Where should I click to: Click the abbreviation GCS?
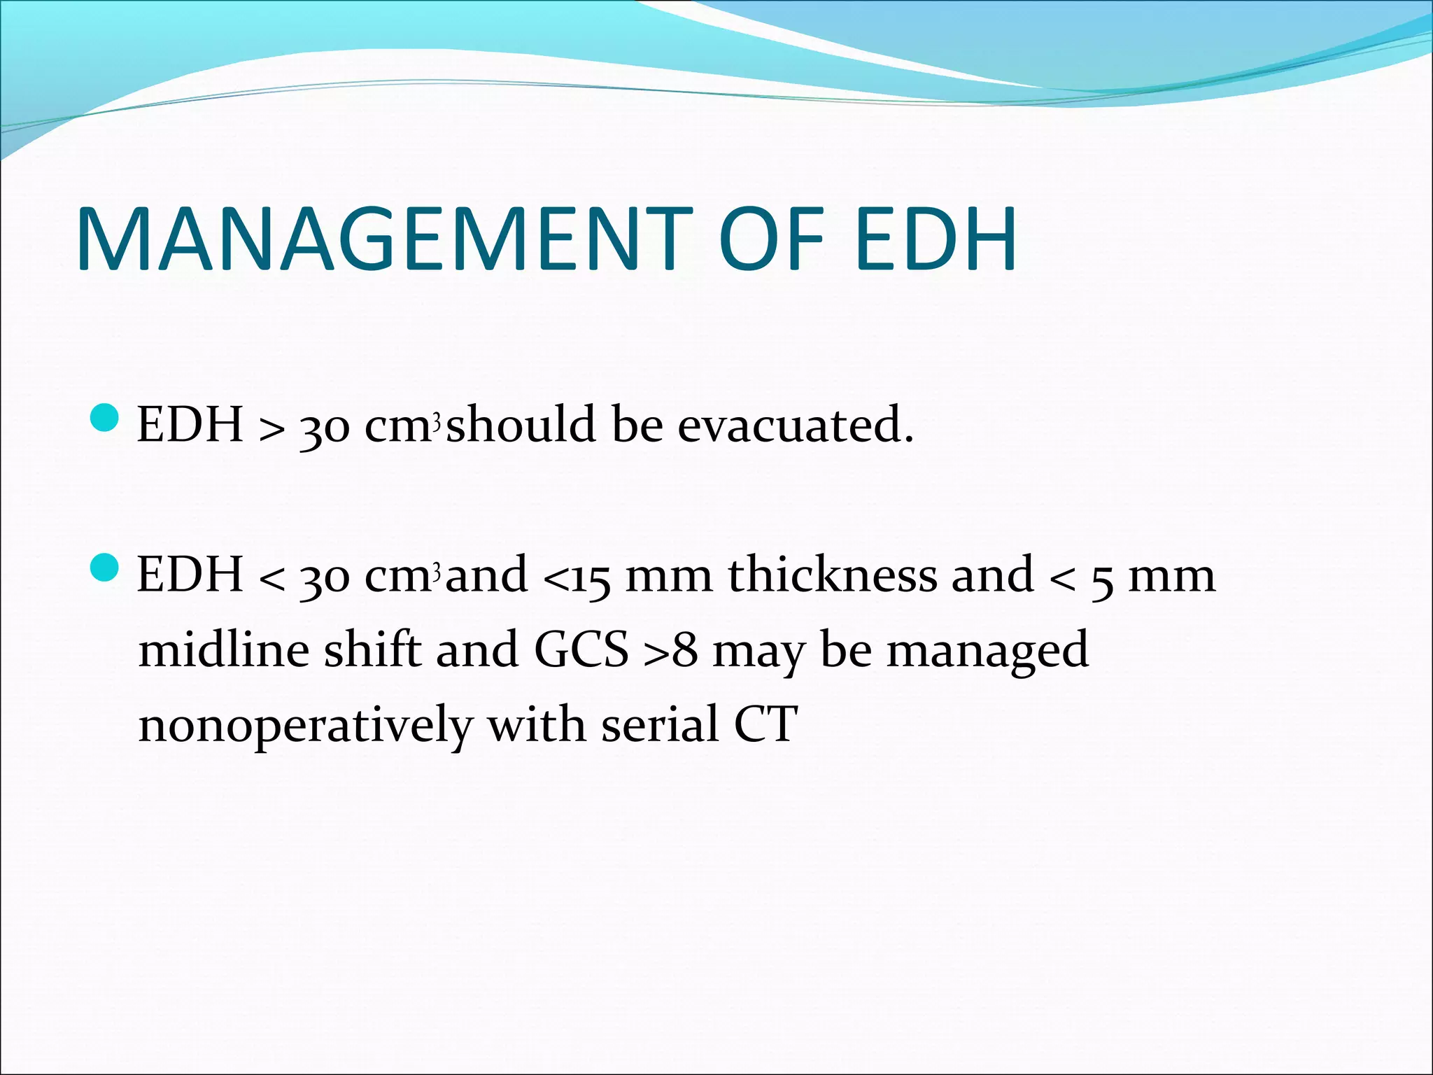click(x=581, y=650)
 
